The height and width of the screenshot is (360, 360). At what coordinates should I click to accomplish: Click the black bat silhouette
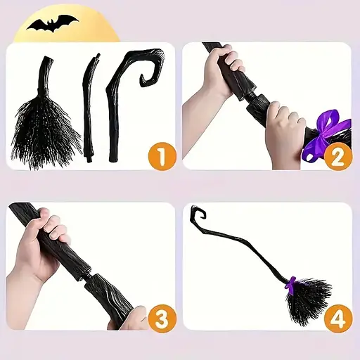tap(53, 23)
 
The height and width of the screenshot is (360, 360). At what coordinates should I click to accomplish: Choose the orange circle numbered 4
tap(338, 319)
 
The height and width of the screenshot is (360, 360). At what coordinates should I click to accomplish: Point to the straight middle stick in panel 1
tap(91, 108)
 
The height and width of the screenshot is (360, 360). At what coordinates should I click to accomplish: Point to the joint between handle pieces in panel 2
tap(251, 96)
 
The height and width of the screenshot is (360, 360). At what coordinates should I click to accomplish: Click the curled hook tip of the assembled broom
tap(199, 212)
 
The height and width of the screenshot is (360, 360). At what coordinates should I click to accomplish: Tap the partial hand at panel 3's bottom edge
tap(129, 320)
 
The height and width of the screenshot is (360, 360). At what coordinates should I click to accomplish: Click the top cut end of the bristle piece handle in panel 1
tap(48, 58)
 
